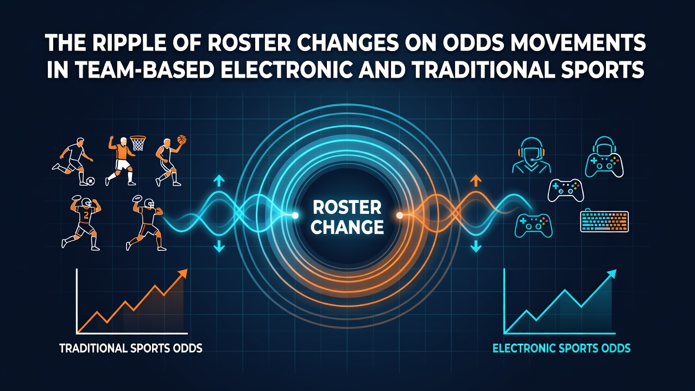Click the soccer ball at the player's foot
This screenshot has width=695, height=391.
coord(91,181)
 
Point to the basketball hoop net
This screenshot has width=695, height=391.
coord(138,143)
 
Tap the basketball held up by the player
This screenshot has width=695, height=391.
coord(182,140)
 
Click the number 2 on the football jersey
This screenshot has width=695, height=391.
coord(86,215)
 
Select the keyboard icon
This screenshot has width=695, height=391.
coord(604,221)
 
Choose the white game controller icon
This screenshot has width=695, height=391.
coord(566,191)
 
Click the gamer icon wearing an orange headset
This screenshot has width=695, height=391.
coord(531,155)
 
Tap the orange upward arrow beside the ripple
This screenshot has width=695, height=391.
coord(476,180)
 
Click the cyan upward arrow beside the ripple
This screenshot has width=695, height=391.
coord(219,180)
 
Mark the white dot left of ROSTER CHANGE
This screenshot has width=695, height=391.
coord(295,216)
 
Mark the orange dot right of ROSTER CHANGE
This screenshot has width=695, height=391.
coord(399,216)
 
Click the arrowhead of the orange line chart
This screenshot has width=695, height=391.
coord(182,274)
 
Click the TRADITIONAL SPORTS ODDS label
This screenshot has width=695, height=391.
coord(131,348)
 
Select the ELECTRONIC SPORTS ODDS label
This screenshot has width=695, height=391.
coord(561,348)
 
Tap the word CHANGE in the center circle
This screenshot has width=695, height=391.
coord(347,227)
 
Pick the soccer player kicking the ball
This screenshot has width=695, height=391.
coord(73,161)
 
